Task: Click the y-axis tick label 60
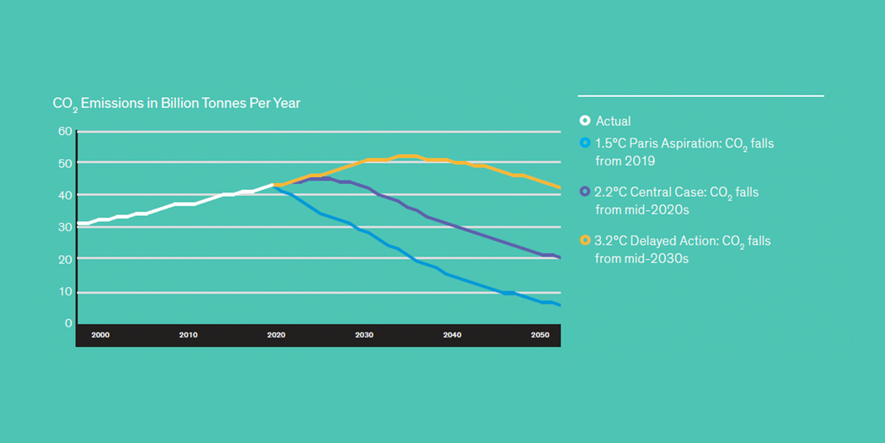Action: point(63,131)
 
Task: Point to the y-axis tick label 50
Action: point(63,163)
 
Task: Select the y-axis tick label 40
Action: point(63,195)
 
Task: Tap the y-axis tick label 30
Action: point(63,227)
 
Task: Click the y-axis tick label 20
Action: point(63,259)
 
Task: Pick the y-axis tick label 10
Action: point(63,292)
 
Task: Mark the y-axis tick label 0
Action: point(68,323)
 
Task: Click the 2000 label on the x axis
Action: point(100,336)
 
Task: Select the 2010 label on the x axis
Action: point(188,336)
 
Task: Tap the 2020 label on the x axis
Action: point(276,336)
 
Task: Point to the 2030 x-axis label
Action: point(364,336)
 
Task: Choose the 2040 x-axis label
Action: point(452,336)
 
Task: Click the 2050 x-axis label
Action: point(539,336)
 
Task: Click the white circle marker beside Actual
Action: point(585,121)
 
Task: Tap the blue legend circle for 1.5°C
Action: point(585,143)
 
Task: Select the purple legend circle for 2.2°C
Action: point(585,192)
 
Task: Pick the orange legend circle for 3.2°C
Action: point(585,241)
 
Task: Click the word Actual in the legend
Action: point(613,122)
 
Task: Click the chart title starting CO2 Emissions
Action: point(176,103)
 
